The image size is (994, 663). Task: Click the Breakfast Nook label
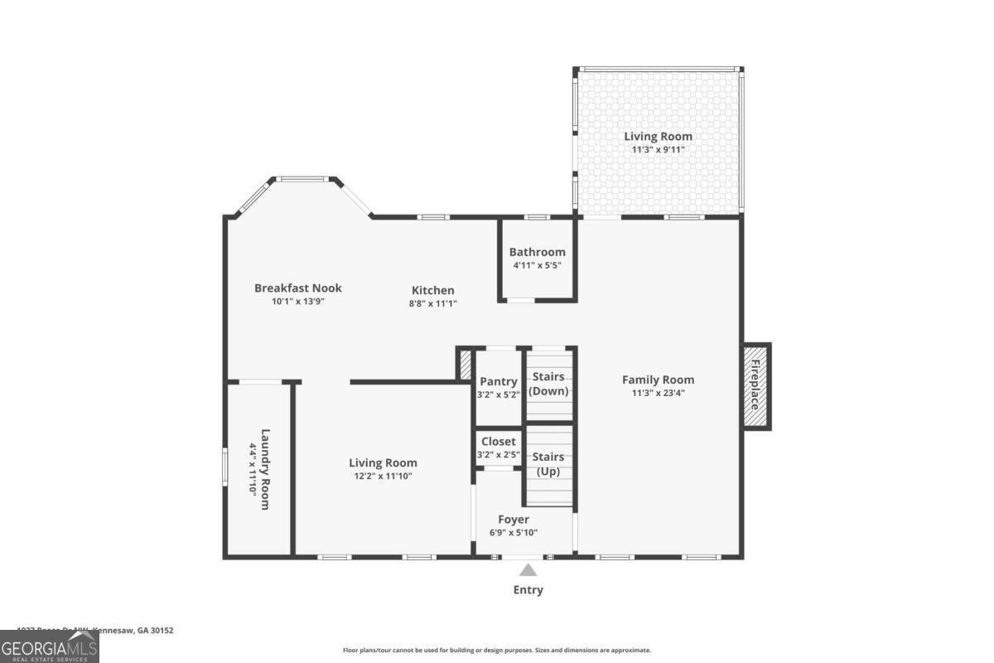297,288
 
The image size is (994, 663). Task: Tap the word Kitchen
433,290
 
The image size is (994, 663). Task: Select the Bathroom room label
537,252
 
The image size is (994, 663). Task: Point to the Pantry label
498,381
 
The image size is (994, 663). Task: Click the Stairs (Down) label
548,384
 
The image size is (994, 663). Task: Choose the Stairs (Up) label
548,464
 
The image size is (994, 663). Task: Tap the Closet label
498,442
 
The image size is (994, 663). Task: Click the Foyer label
514,520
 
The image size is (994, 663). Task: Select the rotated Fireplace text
755,386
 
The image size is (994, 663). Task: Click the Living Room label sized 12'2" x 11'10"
383,463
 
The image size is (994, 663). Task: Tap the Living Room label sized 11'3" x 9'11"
658,137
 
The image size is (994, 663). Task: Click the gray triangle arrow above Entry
528,569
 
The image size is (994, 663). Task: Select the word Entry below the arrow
528,590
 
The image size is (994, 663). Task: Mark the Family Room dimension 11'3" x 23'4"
658,394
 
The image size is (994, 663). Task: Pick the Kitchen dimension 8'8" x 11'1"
433,303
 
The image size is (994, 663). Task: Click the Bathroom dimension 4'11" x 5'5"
537,266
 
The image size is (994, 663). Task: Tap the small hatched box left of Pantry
465,364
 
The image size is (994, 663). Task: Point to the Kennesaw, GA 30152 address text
133,631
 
